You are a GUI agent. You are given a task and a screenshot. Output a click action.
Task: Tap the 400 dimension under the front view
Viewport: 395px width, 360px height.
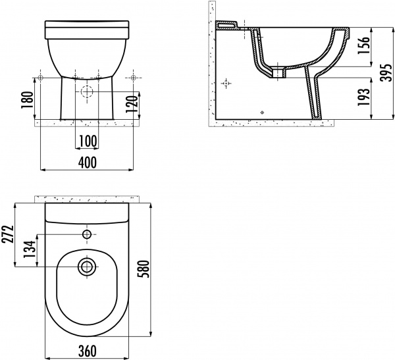tap(87, 161)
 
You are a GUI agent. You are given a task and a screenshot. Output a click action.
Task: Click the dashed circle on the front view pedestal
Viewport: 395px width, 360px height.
tap(87, 93)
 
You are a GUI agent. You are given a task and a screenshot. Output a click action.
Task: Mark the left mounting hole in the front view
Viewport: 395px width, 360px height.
tap(41, 78)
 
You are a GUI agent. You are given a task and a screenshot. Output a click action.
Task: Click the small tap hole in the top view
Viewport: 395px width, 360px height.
tap(87, 234)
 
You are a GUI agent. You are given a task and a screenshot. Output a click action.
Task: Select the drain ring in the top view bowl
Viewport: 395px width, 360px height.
tap(87, 267)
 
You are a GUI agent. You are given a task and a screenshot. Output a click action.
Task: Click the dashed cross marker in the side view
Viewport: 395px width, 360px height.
tap(227, 84)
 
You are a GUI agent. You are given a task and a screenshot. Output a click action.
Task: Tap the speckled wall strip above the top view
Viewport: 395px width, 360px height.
tap(87, 198)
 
